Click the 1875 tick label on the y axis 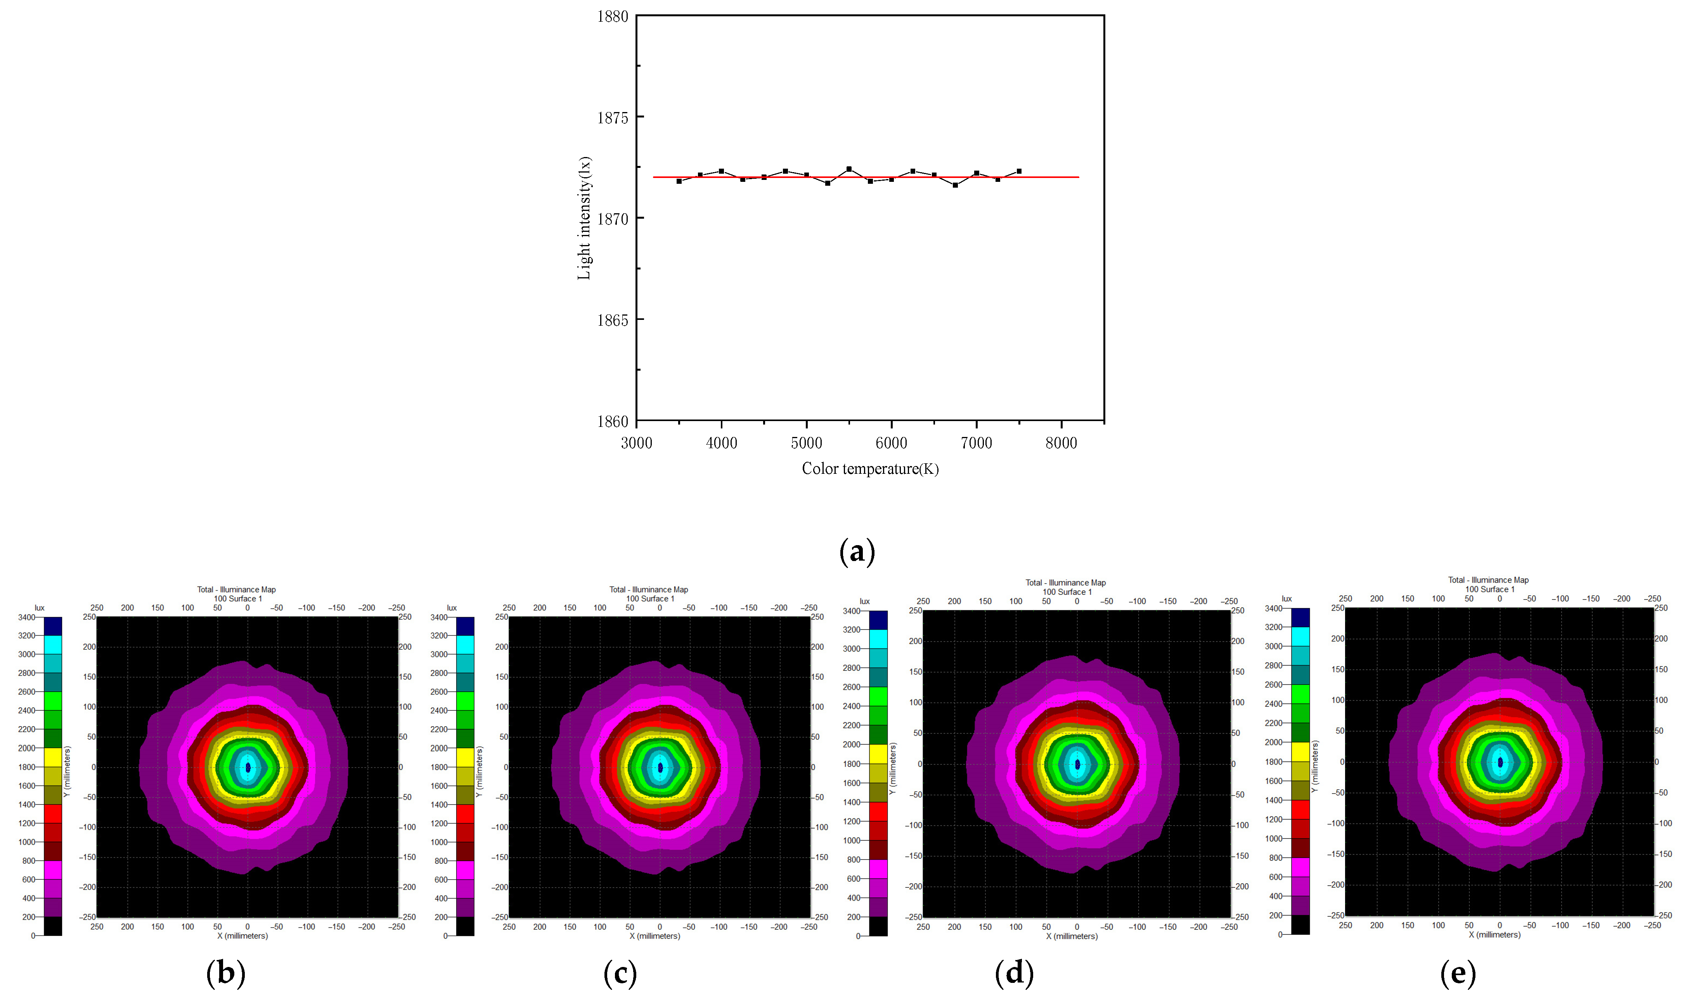[612, 118]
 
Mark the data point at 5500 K [848, 169]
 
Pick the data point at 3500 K [679, 181]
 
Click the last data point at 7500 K [1019, 171]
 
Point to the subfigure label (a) [857, 551]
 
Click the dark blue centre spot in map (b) [248, 767]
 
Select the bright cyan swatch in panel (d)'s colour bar [878, 639]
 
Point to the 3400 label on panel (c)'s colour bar [439, 617]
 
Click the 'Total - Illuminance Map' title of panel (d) [1065, 582]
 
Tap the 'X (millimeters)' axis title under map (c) [655, 936]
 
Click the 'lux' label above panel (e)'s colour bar [1286, 599]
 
